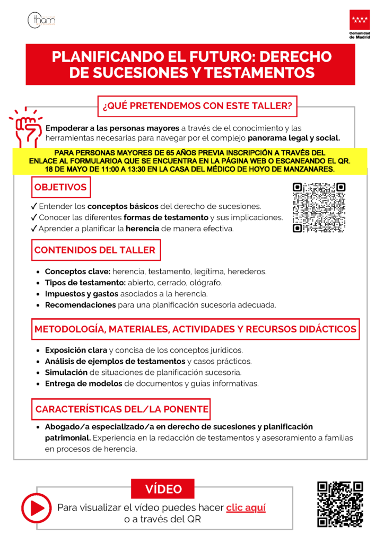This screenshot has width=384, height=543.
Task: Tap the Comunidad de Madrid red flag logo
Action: point(360,21)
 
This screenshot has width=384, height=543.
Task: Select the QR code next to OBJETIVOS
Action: point(319,207)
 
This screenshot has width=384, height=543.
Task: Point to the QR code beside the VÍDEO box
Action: point(340,504)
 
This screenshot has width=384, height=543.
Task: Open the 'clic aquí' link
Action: point(246,507)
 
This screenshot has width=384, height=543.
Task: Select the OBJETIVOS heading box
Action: point(60,187)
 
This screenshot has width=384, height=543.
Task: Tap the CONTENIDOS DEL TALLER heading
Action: point(95,250)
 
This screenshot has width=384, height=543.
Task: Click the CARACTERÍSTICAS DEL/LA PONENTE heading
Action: point(121,409)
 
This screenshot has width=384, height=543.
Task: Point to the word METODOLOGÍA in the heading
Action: point(68,329)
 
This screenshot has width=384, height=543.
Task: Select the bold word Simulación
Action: point(66,372)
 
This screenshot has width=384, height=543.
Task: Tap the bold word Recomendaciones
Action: point(80,305)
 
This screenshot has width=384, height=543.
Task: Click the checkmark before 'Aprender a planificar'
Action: point(34,229)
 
